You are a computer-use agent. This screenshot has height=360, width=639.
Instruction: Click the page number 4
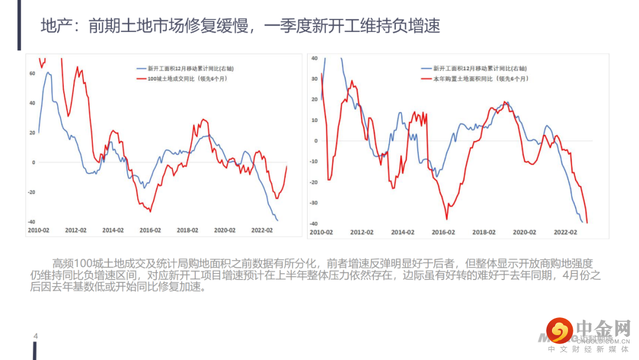click(35, 337)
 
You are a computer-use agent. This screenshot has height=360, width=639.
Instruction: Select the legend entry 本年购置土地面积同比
click(480, 78)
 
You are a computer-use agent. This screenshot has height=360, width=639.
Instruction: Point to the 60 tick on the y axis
click(32, 73)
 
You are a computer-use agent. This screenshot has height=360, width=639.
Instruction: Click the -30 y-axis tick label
click(313, 202)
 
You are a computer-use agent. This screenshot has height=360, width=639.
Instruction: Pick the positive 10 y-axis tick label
click(314, 120)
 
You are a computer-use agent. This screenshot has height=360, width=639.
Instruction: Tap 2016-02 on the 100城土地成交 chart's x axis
click(150, 230)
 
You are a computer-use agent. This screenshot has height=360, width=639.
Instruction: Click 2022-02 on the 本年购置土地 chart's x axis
click(565, 232)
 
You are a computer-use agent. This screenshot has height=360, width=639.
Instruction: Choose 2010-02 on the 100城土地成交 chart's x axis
click(38, 230)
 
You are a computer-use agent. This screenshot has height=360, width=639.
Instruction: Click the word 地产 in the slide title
click(52, 27)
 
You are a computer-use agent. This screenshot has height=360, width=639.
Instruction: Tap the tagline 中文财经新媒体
click(588, 350)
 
